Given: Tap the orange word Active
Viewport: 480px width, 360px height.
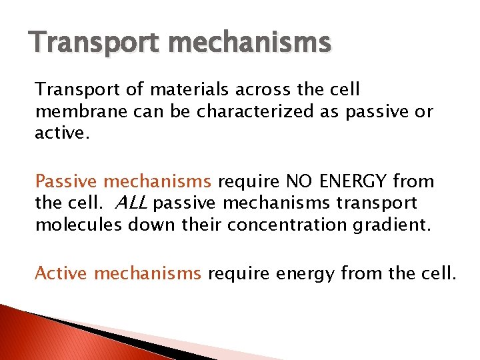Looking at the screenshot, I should tap(61, 273).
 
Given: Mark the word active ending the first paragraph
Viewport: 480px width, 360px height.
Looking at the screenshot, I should tap(57, 132).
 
